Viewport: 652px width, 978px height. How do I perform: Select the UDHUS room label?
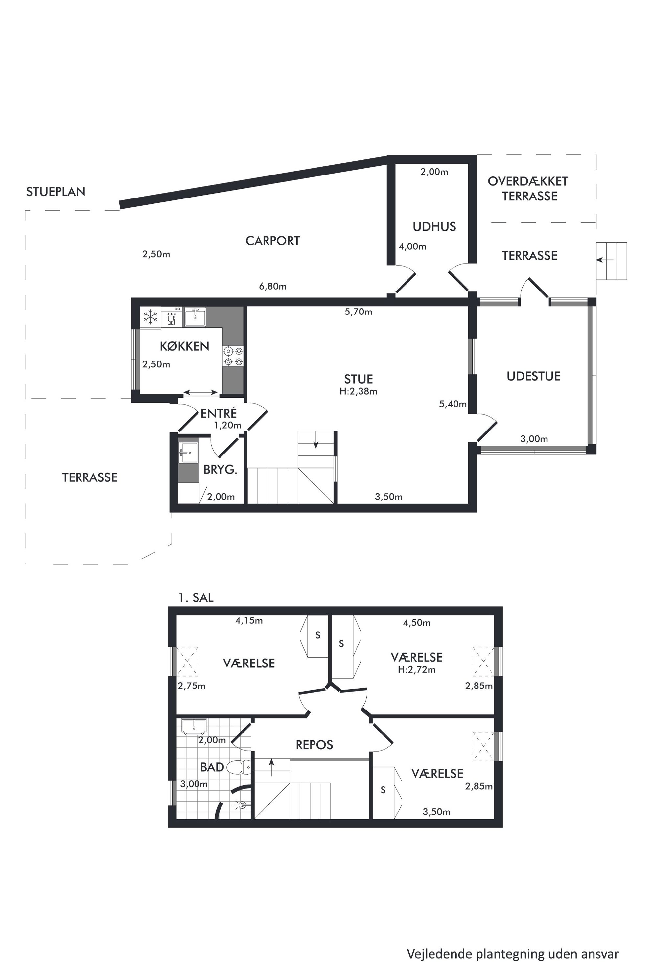tap(434, 227)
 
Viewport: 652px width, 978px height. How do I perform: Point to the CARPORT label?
tap(273, 241)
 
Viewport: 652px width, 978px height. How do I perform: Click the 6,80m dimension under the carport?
tap(273, 286)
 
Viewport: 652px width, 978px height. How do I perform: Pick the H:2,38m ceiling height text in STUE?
tap(359, 391)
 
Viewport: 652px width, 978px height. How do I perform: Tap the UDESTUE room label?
tap(533, 376)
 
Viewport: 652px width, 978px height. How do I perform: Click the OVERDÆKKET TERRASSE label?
tap(528, 189)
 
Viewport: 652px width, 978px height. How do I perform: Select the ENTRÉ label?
tap(219, 413)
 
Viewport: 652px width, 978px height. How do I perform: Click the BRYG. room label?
tap(220, 470)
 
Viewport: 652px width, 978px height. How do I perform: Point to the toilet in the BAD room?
tap(240, 767)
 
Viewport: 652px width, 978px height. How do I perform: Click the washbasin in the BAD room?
tap(194, 727)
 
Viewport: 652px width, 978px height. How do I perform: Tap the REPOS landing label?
tap(314, 745)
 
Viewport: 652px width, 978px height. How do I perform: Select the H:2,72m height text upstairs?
tap(417, 670)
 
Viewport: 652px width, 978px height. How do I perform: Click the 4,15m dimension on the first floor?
tap(249, 621)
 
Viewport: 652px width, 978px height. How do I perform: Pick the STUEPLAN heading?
tap(56, 192)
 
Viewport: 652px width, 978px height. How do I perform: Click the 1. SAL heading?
tap(196, 598)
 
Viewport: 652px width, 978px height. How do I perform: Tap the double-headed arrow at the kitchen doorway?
tap(201, 392)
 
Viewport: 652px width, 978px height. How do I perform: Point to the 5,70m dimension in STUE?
tap(359, 312)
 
